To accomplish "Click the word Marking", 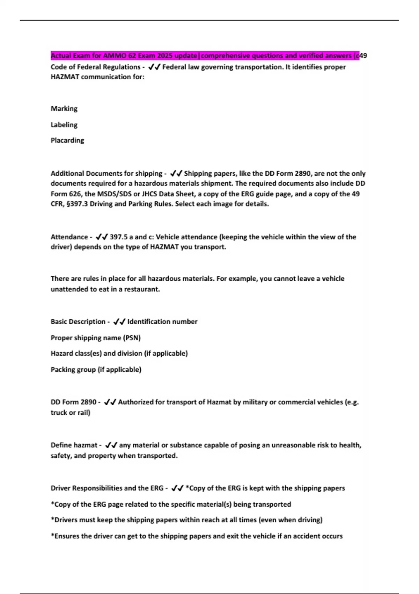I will pos(64,109).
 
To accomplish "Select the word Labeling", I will pos(64,125).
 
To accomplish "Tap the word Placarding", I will pos(67,140).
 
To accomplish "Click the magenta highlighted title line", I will pos(205,56).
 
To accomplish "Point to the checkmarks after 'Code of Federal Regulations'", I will pos(154,67).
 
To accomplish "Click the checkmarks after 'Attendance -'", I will pos(102,237).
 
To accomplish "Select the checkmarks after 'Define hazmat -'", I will pos(111,445).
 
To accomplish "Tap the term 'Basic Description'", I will pos(78,322).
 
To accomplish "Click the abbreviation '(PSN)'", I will pos(132,338).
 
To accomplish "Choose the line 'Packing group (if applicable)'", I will pos(96,370).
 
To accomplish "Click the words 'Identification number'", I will pos(162,322).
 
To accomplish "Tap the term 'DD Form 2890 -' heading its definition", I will pos(75,402).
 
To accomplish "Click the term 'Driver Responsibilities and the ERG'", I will pos(107,488).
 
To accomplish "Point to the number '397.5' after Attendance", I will pos(119,237).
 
